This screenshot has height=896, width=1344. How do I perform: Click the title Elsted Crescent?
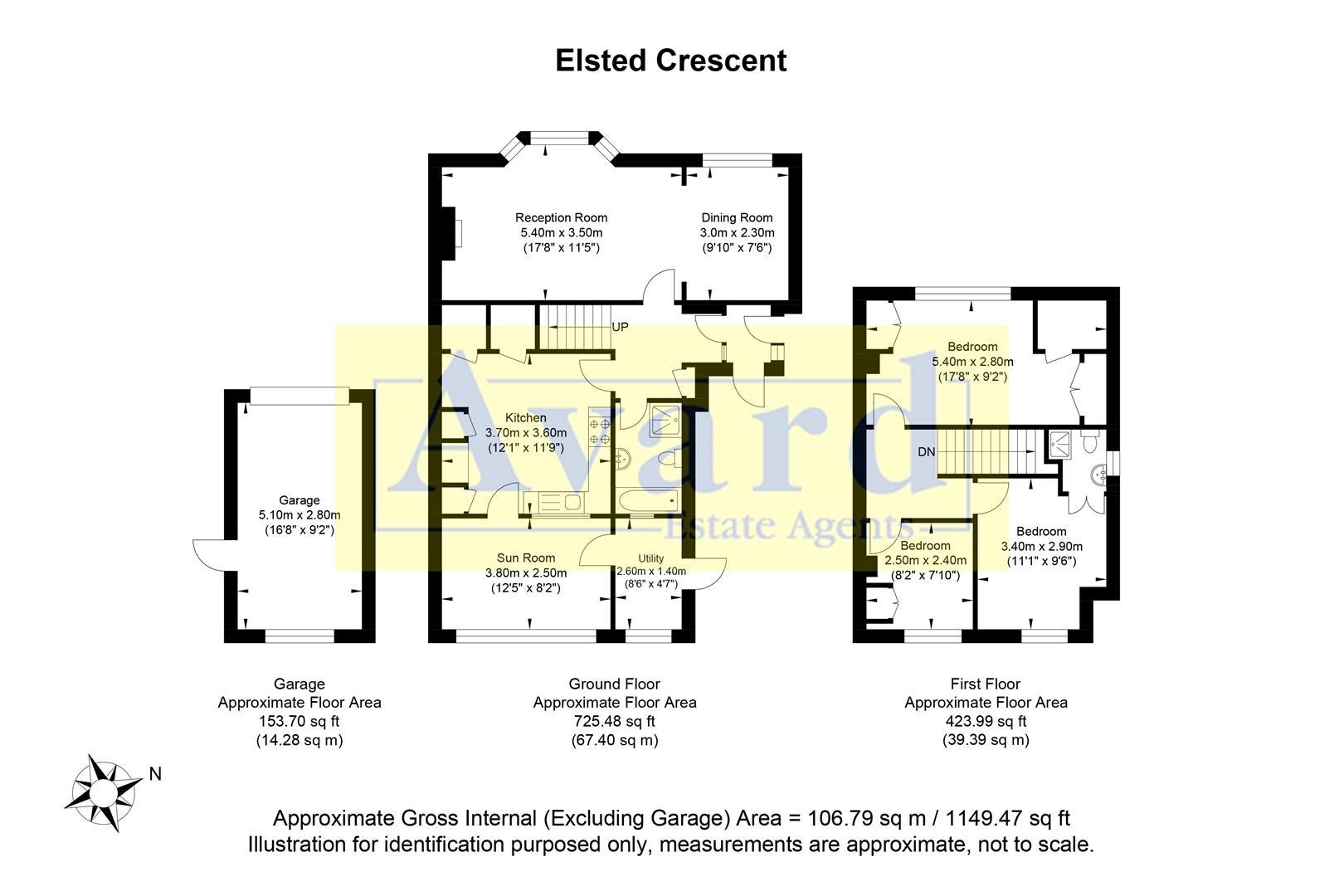670,61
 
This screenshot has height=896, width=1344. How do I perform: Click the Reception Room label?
561,218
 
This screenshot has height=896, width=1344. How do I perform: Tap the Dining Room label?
737,218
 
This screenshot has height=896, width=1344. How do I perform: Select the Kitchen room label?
526,418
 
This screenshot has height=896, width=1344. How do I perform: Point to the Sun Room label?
526,558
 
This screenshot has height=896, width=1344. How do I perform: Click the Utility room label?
651,558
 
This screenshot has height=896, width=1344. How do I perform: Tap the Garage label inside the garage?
299,500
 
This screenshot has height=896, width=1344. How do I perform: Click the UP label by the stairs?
620,327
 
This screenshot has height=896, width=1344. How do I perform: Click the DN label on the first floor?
927,452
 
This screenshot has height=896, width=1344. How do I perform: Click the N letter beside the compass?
155,774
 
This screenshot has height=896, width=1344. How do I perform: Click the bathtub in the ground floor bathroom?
647,502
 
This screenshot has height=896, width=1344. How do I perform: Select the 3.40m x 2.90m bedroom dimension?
1041,546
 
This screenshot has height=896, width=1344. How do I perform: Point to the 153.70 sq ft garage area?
299,721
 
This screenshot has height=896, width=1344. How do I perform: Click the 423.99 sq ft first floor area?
986,721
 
